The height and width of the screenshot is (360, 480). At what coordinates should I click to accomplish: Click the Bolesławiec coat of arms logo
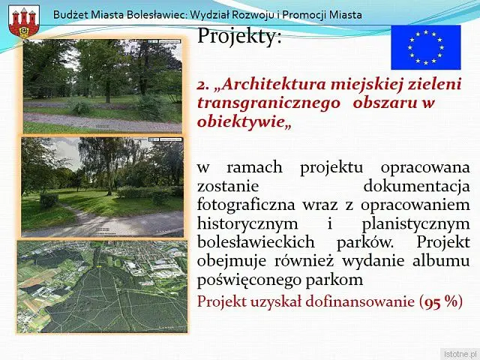(24, 22)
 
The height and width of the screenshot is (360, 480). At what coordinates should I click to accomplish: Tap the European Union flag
(426, 47)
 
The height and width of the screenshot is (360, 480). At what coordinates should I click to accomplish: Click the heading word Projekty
(239, 36)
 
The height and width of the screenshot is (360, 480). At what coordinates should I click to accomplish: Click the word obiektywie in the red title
(241, 122)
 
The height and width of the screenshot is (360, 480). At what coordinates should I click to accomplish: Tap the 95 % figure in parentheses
(441, 301)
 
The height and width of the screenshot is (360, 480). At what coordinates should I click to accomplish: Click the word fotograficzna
(246, 205)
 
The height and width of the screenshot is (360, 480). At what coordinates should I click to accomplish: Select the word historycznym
(247, 223)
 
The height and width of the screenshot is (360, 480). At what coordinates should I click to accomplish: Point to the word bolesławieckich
(256, 241)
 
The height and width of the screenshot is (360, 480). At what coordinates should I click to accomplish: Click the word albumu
(441, 261)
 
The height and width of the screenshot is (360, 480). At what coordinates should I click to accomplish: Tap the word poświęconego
(249, 280)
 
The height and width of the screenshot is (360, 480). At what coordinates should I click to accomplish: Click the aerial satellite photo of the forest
(102, 286)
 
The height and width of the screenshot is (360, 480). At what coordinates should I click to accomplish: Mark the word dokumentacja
(417, 186)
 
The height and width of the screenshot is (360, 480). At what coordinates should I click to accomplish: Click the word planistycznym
(415, 223)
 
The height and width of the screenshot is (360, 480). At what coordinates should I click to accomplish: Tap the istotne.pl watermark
(460, 354)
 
